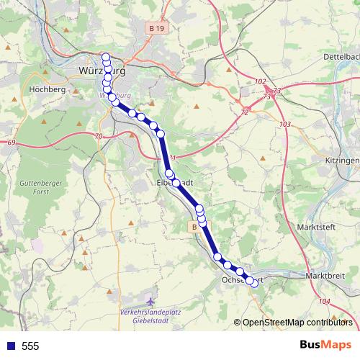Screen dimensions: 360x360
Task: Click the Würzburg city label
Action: pos(100,71)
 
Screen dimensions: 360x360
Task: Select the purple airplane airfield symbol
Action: pos(149,302)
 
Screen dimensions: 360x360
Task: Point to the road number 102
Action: pos(260,81)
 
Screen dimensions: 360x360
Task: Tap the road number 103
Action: pos(286,125)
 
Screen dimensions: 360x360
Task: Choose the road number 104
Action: pos(323,301)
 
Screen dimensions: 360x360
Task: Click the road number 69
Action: pos(12,143)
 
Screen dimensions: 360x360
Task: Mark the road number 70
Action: pos(98,136)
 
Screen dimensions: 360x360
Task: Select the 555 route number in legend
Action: pos(30,346)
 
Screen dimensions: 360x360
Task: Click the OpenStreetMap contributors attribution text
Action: pos(297,323)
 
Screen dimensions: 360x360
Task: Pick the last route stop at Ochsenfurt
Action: pos(253,282)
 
